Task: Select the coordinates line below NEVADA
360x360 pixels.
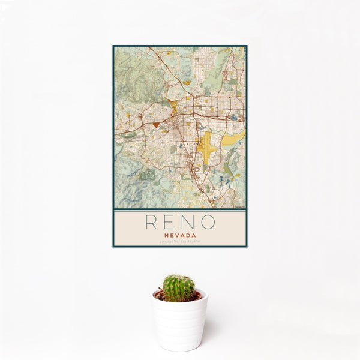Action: click(179, 241)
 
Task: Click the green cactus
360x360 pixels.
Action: click(179, 288)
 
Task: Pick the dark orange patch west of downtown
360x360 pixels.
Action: click(156, 124)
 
